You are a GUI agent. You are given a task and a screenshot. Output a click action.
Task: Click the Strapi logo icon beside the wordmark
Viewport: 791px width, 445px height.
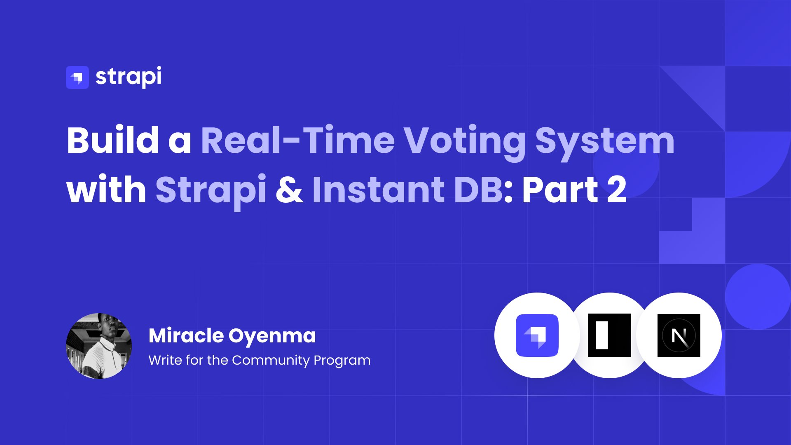pyautogui.click(x=77, y=77)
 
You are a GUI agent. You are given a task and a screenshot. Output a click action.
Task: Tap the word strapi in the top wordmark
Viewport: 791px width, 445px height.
pyautogui.click(x=129, y=77)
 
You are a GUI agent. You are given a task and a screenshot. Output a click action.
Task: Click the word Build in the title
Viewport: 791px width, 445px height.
pyautogui.click(x=113, y=140)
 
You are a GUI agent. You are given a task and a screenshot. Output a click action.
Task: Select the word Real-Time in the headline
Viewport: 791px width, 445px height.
pyautogui.click(x=298, y=140)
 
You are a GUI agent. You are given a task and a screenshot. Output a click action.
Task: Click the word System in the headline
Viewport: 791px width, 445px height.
pyautogui.click(x=605, y=143)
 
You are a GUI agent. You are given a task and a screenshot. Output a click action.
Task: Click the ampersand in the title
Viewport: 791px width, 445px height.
pyautogui.click(x=290, y=190)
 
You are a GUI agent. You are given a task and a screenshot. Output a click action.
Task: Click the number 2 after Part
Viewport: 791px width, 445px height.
pyautogui.click(x=617, y=189)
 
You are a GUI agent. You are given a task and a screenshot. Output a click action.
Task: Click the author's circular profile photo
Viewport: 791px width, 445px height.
pyautogui.click(x=99, y=346)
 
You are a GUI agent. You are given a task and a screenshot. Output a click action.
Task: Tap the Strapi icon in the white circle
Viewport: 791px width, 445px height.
pyautogui.click(x=537, y=335)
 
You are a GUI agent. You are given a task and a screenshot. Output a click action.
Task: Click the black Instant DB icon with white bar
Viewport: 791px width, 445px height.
pyautogui.click(x=609, y=335)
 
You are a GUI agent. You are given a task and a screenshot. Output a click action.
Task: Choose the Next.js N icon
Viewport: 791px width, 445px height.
pyautogui.click(x=679, y=335)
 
